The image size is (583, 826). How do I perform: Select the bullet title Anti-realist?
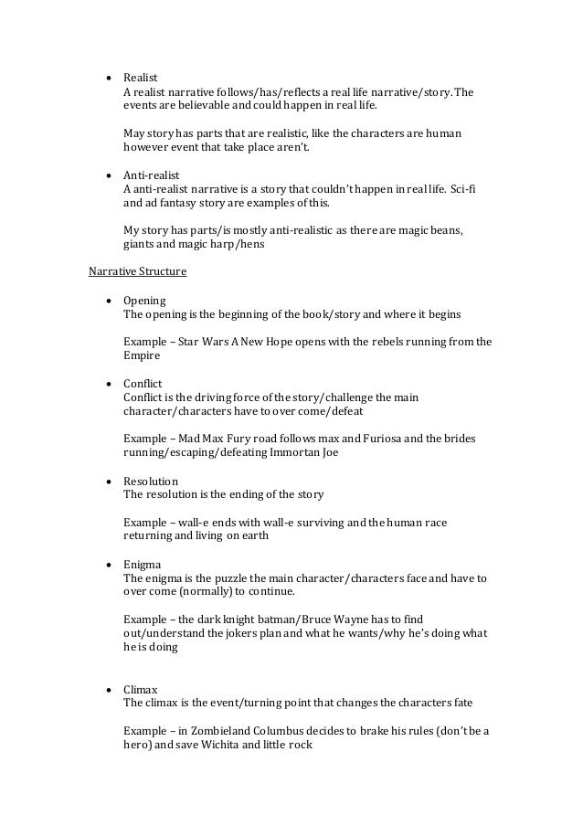[x=153, y=173]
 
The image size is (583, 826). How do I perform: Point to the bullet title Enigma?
[x=143, y=565]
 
